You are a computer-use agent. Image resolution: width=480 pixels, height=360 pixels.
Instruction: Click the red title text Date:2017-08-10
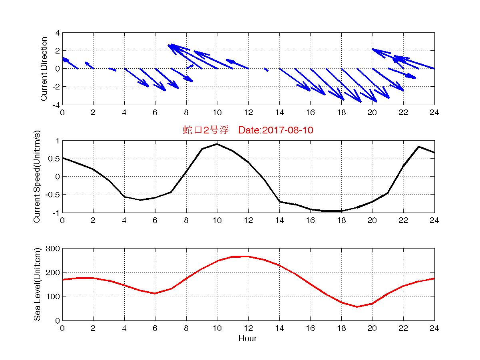pyautogui.click(x=275, y=130)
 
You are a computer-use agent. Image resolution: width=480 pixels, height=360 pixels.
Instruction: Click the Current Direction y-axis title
pyautogui.click(x=44, y=69)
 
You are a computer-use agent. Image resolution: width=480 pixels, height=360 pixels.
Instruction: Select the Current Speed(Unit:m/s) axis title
pyautogui.click(x=37, y=177)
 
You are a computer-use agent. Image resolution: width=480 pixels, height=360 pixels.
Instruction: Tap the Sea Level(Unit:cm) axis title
pyautogui.click(x=37, y=284)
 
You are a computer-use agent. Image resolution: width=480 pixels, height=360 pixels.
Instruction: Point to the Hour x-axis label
pyautogui.click(x=248, y=339)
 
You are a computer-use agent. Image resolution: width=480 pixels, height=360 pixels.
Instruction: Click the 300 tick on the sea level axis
pyautogui.click(x=54, y=249)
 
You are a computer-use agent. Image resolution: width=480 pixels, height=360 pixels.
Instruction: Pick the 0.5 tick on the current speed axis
pyautogui.click(x=54, y=159)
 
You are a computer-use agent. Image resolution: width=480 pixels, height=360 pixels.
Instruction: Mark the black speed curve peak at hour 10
pyautogui.click(x=217, y=144)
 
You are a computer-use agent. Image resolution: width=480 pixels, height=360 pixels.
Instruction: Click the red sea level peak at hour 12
pyautogui.click(x=248, y=257)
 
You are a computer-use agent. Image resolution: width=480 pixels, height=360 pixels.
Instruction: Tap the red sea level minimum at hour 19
pyautogui.click(x=357, y=307)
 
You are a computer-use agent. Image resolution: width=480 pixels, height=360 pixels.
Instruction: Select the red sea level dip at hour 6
pyautogui.click(x=155, y=294)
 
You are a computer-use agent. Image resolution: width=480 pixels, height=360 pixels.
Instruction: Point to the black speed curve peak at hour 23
pyautogui.click(x=418, y=147)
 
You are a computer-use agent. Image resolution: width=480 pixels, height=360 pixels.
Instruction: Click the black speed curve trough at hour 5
pyautogui.click(x=140, y=200)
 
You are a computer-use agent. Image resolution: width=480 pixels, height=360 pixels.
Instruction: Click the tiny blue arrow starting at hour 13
pyautogui.click(x=266, y=70)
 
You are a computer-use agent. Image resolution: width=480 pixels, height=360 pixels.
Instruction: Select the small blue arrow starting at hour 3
pyautogui.click(x=112, y=70)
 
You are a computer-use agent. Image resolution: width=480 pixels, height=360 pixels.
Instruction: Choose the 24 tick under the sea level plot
pyautogui.click(x=434, y=328)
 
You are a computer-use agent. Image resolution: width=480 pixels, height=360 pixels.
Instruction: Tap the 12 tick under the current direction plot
pyautogui.click(x=248, y=113)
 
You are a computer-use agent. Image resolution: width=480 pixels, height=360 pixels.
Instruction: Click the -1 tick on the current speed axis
pyautogui.click(x=56, y=213)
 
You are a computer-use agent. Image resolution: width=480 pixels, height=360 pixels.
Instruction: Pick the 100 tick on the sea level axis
pyautogui.click(x=54, y=296)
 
